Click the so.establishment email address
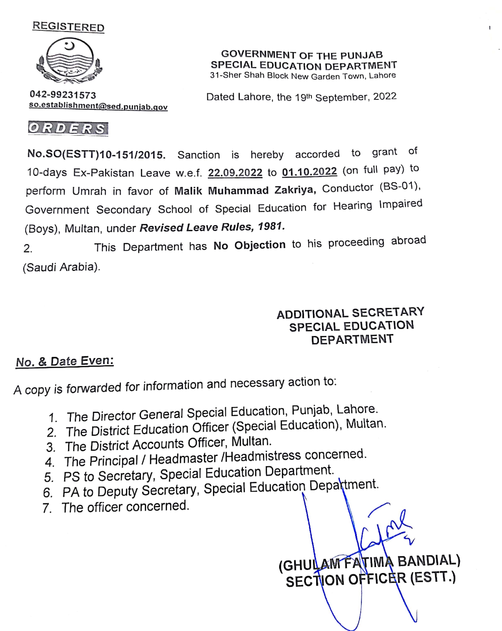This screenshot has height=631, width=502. point(98,106)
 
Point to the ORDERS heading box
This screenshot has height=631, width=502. point(68,128)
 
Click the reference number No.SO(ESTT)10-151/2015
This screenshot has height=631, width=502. point(96,154)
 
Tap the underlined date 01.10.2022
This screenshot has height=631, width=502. point(309,171)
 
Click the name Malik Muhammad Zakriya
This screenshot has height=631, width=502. point(245,190)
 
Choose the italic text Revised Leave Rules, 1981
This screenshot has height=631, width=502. point(212,227)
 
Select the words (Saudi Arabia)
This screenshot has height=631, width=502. point(61,267)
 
